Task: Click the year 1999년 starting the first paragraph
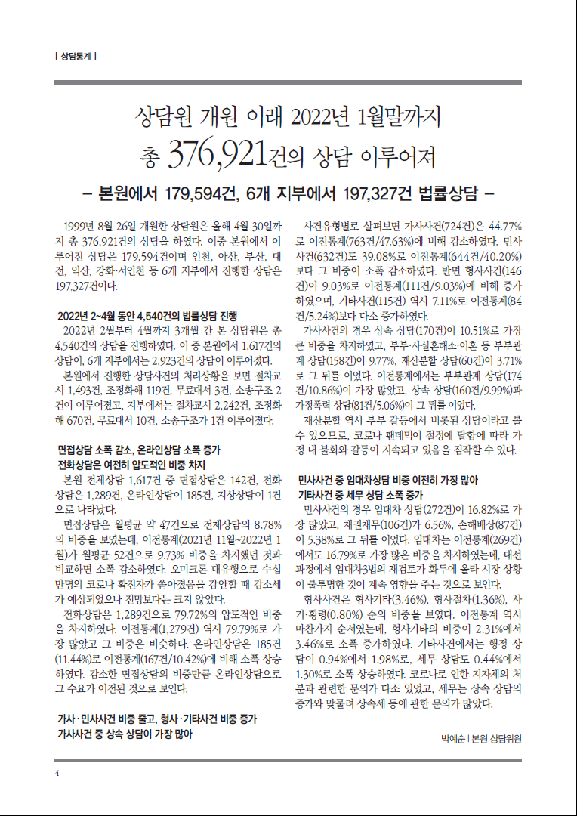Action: (x=82, y=226)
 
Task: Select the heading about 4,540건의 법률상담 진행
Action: (x=147, y=316)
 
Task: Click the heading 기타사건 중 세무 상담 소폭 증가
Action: (x=360, y=495)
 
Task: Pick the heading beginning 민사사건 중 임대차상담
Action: (x=389, y=480)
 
